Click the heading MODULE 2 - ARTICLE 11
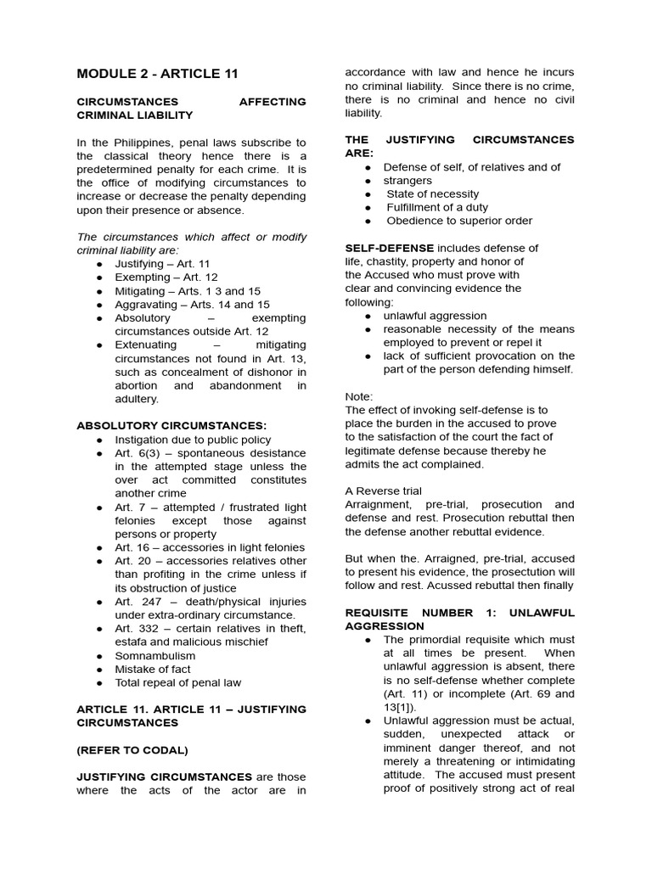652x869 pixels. [x=158, y=74]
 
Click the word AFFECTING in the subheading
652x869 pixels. [x=273, y=102]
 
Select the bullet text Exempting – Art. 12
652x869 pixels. [x=166, y=278]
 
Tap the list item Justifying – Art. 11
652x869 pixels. [x=162, y=264]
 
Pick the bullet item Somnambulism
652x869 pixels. [x=155, y=655]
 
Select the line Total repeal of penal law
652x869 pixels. [x=178, y=682]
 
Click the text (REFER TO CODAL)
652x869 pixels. [x=132, y=749]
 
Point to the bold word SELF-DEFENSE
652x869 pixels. [x=389, y=248]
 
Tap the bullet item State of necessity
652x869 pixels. [x=432, y=194]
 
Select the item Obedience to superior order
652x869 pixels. [x=459, y=221]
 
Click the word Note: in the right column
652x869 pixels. [x=358, y=396]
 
